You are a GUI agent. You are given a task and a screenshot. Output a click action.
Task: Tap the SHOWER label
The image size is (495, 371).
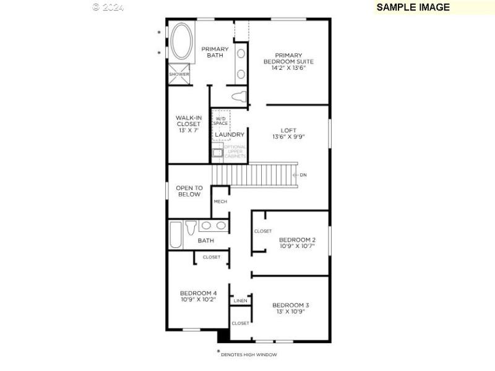(x=179, y=74)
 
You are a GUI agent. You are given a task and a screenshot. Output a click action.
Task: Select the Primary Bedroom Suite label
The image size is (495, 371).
(x=289, y=61)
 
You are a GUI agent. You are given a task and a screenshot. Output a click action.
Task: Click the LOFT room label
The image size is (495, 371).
(x=289, y=133)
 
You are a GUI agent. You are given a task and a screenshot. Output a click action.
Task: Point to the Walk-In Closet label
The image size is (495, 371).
(x=188, y=124)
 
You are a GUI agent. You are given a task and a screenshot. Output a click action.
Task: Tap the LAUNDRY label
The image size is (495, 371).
(x=230, y=134)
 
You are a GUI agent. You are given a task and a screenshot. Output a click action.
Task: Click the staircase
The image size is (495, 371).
(x=254, y=174)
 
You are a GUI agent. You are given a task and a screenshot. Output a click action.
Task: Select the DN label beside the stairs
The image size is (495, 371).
(x=303, y=175)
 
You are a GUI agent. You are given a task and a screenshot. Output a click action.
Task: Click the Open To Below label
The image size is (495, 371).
(x=189, y=191)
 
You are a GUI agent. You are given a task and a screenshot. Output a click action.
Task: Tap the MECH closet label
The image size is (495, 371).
(x=220, y=202)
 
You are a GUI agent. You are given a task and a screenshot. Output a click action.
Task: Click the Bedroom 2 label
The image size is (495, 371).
(x=297, y=242)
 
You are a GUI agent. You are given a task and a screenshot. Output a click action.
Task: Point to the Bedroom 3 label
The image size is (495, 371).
(x=290, y=308)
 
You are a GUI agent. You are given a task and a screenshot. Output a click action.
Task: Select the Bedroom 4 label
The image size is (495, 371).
(x=198, y=296)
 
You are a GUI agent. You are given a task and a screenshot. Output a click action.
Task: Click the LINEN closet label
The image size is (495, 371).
(x=241, y=301)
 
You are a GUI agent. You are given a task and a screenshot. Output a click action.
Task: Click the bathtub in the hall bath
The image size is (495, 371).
(x=176, y=235)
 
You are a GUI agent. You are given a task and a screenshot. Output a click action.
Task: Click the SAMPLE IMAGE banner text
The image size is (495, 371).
(x=413, y=7)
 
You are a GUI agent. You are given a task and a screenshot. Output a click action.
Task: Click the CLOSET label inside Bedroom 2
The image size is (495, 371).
(x=262, y=231)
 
